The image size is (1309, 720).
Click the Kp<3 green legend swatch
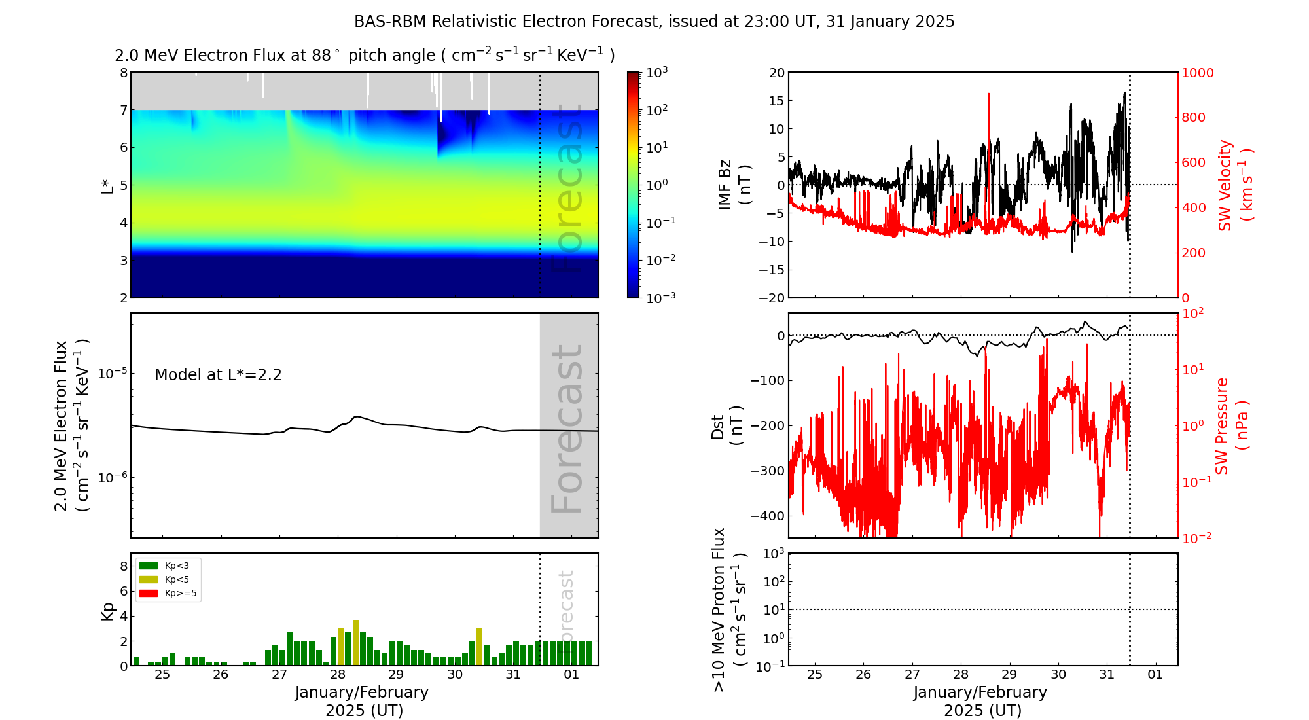[x=149, y=566]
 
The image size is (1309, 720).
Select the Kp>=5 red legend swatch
[x=149, y=594]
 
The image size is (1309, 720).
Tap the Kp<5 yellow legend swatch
[x=149, y=579]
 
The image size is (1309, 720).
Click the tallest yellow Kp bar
[x=355, y=642]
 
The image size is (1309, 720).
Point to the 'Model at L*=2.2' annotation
[x=218, y=375]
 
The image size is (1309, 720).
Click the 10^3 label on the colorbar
[x=657, y=72]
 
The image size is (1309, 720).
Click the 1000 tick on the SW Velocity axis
[x=1197, y=73]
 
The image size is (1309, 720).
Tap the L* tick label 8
[x=124, y=73]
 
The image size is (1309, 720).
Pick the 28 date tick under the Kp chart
[x=338, y=675]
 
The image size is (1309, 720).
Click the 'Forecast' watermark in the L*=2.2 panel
[x=567, y=429]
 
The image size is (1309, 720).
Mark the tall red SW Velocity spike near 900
[x=988, y=98]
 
